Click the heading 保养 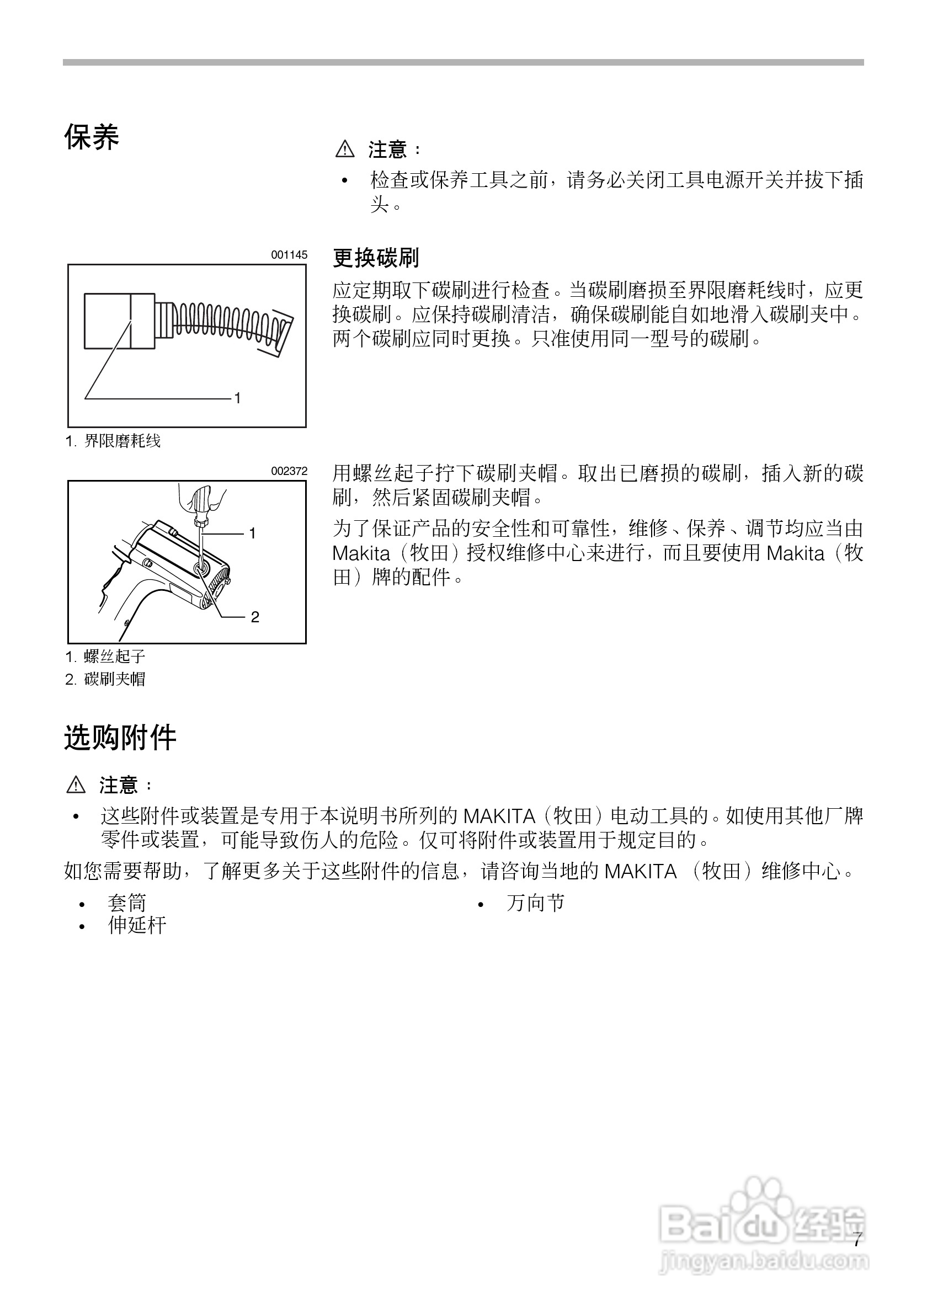click(92, 137)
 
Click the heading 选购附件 click(120, 737)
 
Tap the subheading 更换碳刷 click(376, 258)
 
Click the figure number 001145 click(289, 255)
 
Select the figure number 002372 click(289, 471)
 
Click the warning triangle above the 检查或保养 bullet click(345, 150)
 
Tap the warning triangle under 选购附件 click(76, 785)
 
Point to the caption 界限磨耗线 click(122, 441)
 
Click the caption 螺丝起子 click(114, 656)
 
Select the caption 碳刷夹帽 click(114, 679)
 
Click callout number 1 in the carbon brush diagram click(237, 398)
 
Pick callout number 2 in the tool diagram click(255, 617)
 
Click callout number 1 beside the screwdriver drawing click(252, 533)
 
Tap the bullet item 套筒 click(127, 903)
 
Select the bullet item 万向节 click(535, 903)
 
